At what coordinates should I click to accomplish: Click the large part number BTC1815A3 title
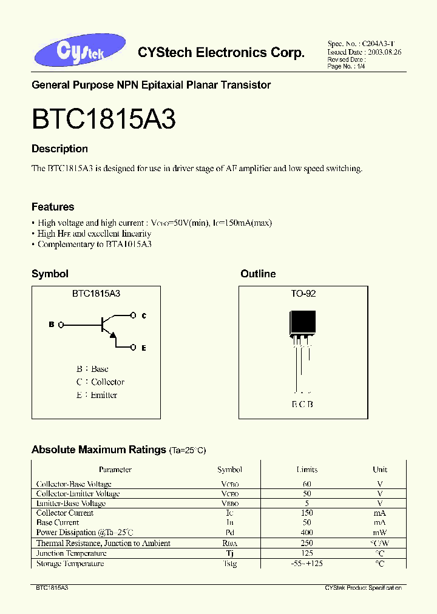(x=103, y=120)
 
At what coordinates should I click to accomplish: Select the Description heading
(x=59, y=149)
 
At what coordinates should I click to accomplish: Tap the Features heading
(x=53, y=207)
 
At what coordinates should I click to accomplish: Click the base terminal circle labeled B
(x=61, y=325)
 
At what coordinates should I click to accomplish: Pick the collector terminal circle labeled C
(x=134, y=315)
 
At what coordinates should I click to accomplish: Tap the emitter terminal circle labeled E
(x=134, y=348)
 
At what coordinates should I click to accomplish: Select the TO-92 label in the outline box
(x=303, y=293)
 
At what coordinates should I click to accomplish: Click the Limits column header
(x=307, y=470)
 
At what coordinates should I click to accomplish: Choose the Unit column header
(x=380, y=470)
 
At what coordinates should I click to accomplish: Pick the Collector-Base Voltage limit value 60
(x=307, y=484)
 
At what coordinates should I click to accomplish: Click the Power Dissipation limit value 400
(x=307, y=532)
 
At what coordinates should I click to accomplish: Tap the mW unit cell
(x=380, y=532)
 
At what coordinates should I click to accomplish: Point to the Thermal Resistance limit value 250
(x=307, y=543)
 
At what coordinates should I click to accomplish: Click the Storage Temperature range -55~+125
(x=307, y=564)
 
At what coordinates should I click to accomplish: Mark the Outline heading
(x=258, y=274)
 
